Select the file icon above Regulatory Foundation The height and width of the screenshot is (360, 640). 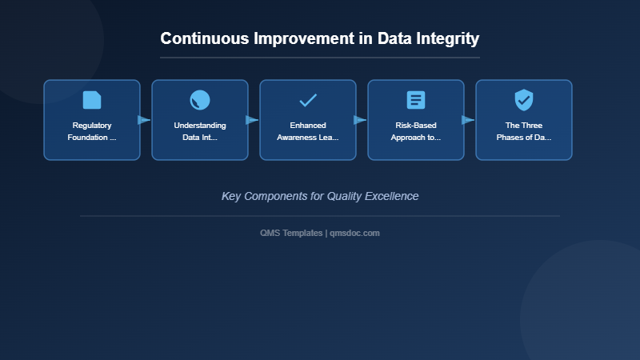(92, 100)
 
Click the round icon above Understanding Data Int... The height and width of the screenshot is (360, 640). (200, 100)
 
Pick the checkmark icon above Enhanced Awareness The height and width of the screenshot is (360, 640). (308, 100)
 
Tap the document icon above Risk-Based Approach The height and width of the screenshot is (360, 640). (416, 100)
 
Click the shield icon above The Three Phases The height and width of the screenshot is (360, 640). (524, 100)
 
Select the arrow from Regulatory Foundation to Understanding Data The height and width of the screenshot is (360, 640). (145, 120)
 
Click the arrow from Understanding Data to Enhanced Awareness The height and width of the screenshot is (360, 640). (253, 120)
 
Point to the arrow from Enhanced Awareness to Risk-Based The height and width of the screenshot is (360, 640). (361, 120)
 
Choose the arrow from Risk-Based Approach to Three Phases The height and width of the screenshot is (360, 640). (469, 120)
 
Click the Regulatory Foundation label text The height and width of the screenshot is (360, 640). (92, 131)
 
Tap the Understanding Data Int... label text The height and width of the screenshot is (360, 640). (200, 131)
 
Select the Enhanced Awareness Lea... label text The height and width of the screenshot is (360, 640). (308, 131)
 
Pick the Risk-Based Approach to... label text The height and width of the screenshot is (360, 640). (416, 131)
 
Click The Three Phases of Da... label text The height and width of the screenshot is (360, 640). (524, 131)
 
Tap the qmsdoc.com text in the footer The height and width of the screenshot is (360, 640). (354, 233)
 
